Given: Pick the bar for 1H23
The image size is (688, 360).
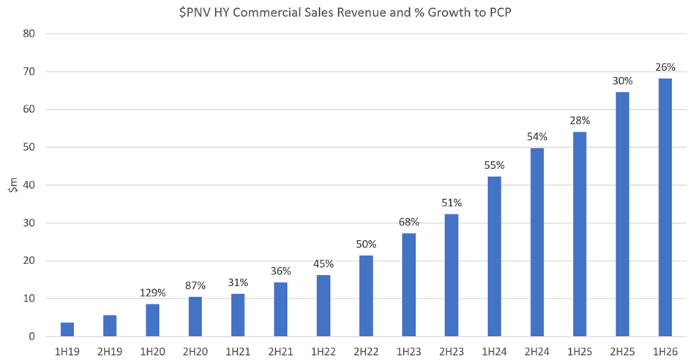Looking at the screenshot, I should pos(408,285).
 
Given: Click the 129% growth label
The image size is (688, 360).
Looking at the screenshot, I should pos(152,293).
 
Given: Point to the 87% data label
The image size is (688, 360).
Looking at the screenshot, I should pos(195,286).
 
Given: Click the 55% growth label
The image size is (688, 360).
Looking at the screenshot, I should pos(494,165).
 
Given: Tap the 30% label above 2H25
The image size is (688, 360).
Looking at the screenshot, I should pos(622,80).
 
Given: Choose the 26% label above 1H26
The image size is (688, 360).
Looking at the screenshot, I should pos(665,67).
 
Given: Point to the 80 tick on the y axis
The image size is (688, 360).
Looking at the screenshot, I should pos(29,34).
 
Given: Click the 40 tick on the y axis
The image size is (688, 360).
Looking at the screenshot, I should pos(29,185).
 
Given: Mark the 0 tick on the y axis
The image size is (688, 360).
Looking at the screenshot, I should pos(32,337).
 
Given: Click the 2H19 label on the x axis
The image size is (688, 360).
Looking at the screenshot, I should pos(109,350).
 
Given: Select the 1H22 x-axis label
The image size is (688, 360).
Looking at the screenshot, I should pos(323,350).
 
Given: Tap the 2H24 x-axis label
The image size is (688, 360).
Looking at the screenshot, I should pos(536,350).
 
